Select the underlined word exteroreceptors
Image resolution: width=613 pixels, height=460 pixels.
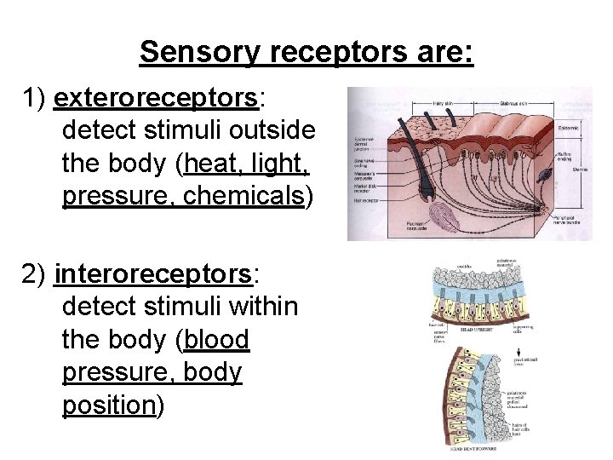click(x=156, y=99)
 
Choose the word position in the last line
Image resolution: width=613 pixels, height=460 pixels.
click(x=107, y=405)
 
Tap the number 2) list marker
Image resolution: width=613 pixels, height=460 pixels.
click(x=35, y=274)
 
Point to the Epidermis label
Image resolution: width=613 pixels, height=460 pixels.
click(x=569, y=128)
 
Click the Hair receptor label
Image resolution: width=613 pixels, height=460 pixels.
click(x=365, y=201)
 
